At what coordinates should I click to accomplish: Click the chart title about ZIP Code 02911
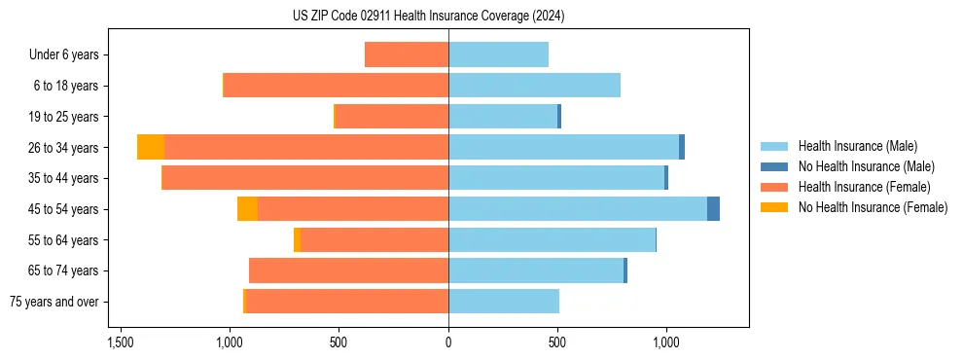click(428, 17)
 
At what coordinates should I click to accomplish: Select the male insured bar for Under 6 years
click(498, 54)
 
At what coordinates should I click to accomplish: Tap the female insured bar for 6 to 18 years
click(336, 86)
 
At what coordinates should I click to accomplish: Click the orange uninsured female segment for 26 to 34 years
click(151, 147)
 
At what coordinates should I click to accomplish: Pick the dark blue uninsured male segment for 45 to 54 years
click(713, 208)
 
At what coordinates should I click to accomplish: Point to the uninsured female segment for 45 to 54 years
click(247, 208)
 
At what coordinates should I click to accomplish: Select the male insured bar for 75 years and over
click(503, 301)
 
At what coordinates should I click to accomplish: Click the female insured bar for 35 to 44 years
click(304, 178)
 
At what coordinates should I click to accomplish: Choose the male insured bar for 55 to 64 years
click(552, 239)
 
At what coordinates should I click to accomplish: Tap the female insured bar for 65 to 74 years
click(348, 270)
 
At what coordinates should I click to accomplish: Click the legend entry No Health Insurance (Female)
click(873, 207)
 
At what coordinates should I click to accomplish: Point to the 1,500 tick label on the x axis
click(121, 343)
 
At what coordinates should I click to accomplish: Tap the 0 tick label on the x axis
click(448, 343)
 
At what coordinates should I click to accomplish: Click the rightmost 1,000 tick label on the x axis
click(666, 343)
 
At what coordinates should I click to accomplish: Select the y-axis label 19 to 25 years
click(65, 117)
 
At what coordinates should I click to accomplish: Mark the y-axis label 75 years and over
click(54, 302)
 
